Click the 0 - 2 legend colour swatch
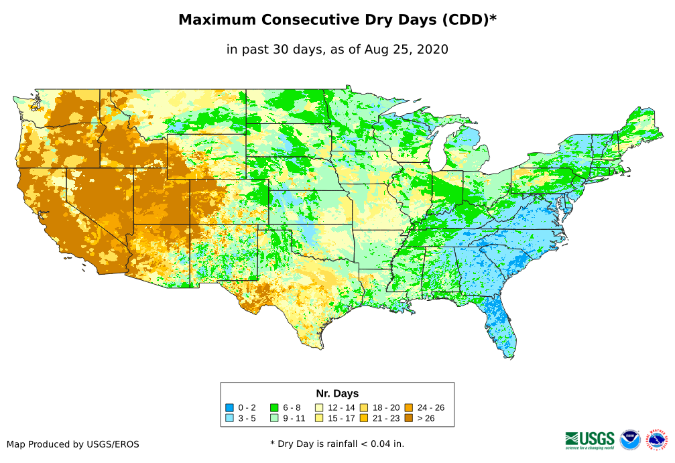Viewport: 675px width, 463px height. coord(229,407)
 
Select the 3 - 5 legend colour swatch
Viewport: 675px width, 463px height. coord(229,418)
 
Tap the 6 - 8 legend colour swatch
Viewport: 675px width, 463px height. coord(274,407)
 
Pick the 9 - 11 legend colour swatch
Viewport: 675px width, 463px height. coord(274,418)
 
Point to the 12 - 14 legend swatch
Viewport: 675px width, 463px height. coord(319,407)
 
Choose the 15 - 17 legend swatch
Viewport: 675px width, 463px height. coord(319,418)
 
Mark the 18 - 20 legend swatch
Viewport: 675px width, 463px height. coord(364,407)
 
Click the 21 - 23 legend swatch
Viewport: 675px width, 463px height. coord(364,418)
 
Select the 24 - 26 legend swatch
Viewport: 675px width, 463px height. coord(408,407)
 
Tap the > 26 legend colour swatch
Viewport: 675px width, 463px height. coord(408,418)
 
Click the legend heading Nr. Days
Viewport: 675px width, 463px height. coord(337,393)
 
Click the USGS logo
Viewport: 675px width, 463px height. coord(590,440)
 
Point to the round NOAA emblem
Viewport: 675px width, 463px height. coord(630,440)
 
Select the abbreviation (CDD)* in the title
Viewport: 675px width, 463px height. coord(468,20)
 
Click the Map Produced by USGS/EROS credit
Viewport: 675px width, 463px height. coord(73,444)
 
